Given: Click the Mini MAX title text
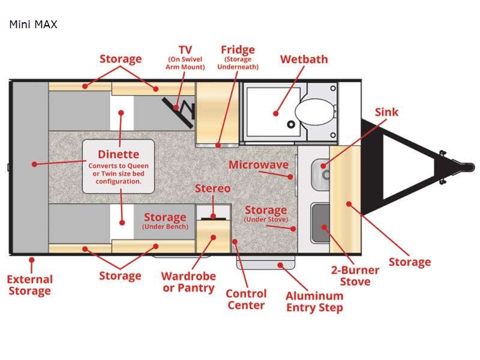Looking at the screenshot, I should pos(33,25).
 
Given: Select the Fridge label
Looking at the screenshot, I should pos(238,50).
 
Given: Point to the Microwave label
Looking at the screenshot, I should pos(258,165).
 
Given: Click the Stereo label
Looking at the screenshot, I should pos(212,188).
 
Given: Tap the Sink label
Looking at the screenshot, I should pos(386,112).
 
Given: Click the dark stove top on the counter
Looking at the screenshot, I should pos(320,223).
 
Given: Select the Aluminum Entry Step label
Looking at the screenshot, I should pos(314,301).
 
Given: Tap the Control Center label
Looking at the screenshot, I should pos(246,299).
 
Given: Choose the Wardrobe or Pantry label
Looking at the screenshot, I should pos(188,282).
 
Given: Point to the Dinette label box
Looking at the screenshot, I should pos(118,166).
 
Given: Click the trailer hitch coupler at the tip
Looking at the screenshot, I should pos(461,163).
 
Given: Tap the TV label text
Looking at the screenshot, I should pos(185,49).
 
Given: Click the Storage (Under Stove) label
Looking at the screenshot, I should pos(265,214).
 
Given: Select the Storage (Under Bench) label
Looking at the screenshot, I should pos(164,220).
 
